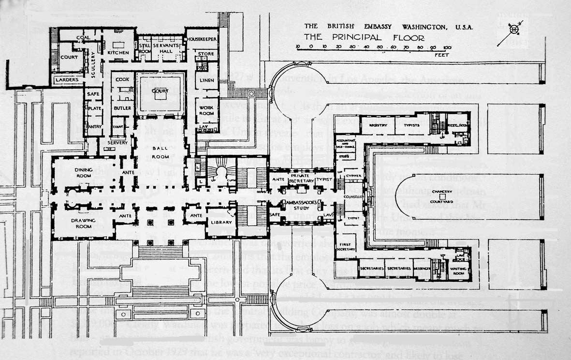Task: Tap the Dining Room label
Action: tap(87, 172)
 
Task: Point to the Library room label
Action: tap(222, 222)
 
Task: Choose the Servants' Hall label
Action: tap(165, 48)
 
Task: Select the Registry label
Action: tap(378, 125)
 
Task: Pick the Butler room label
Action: tap(122, 108)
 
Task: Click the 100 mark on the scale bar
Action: tap(447, 47)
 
